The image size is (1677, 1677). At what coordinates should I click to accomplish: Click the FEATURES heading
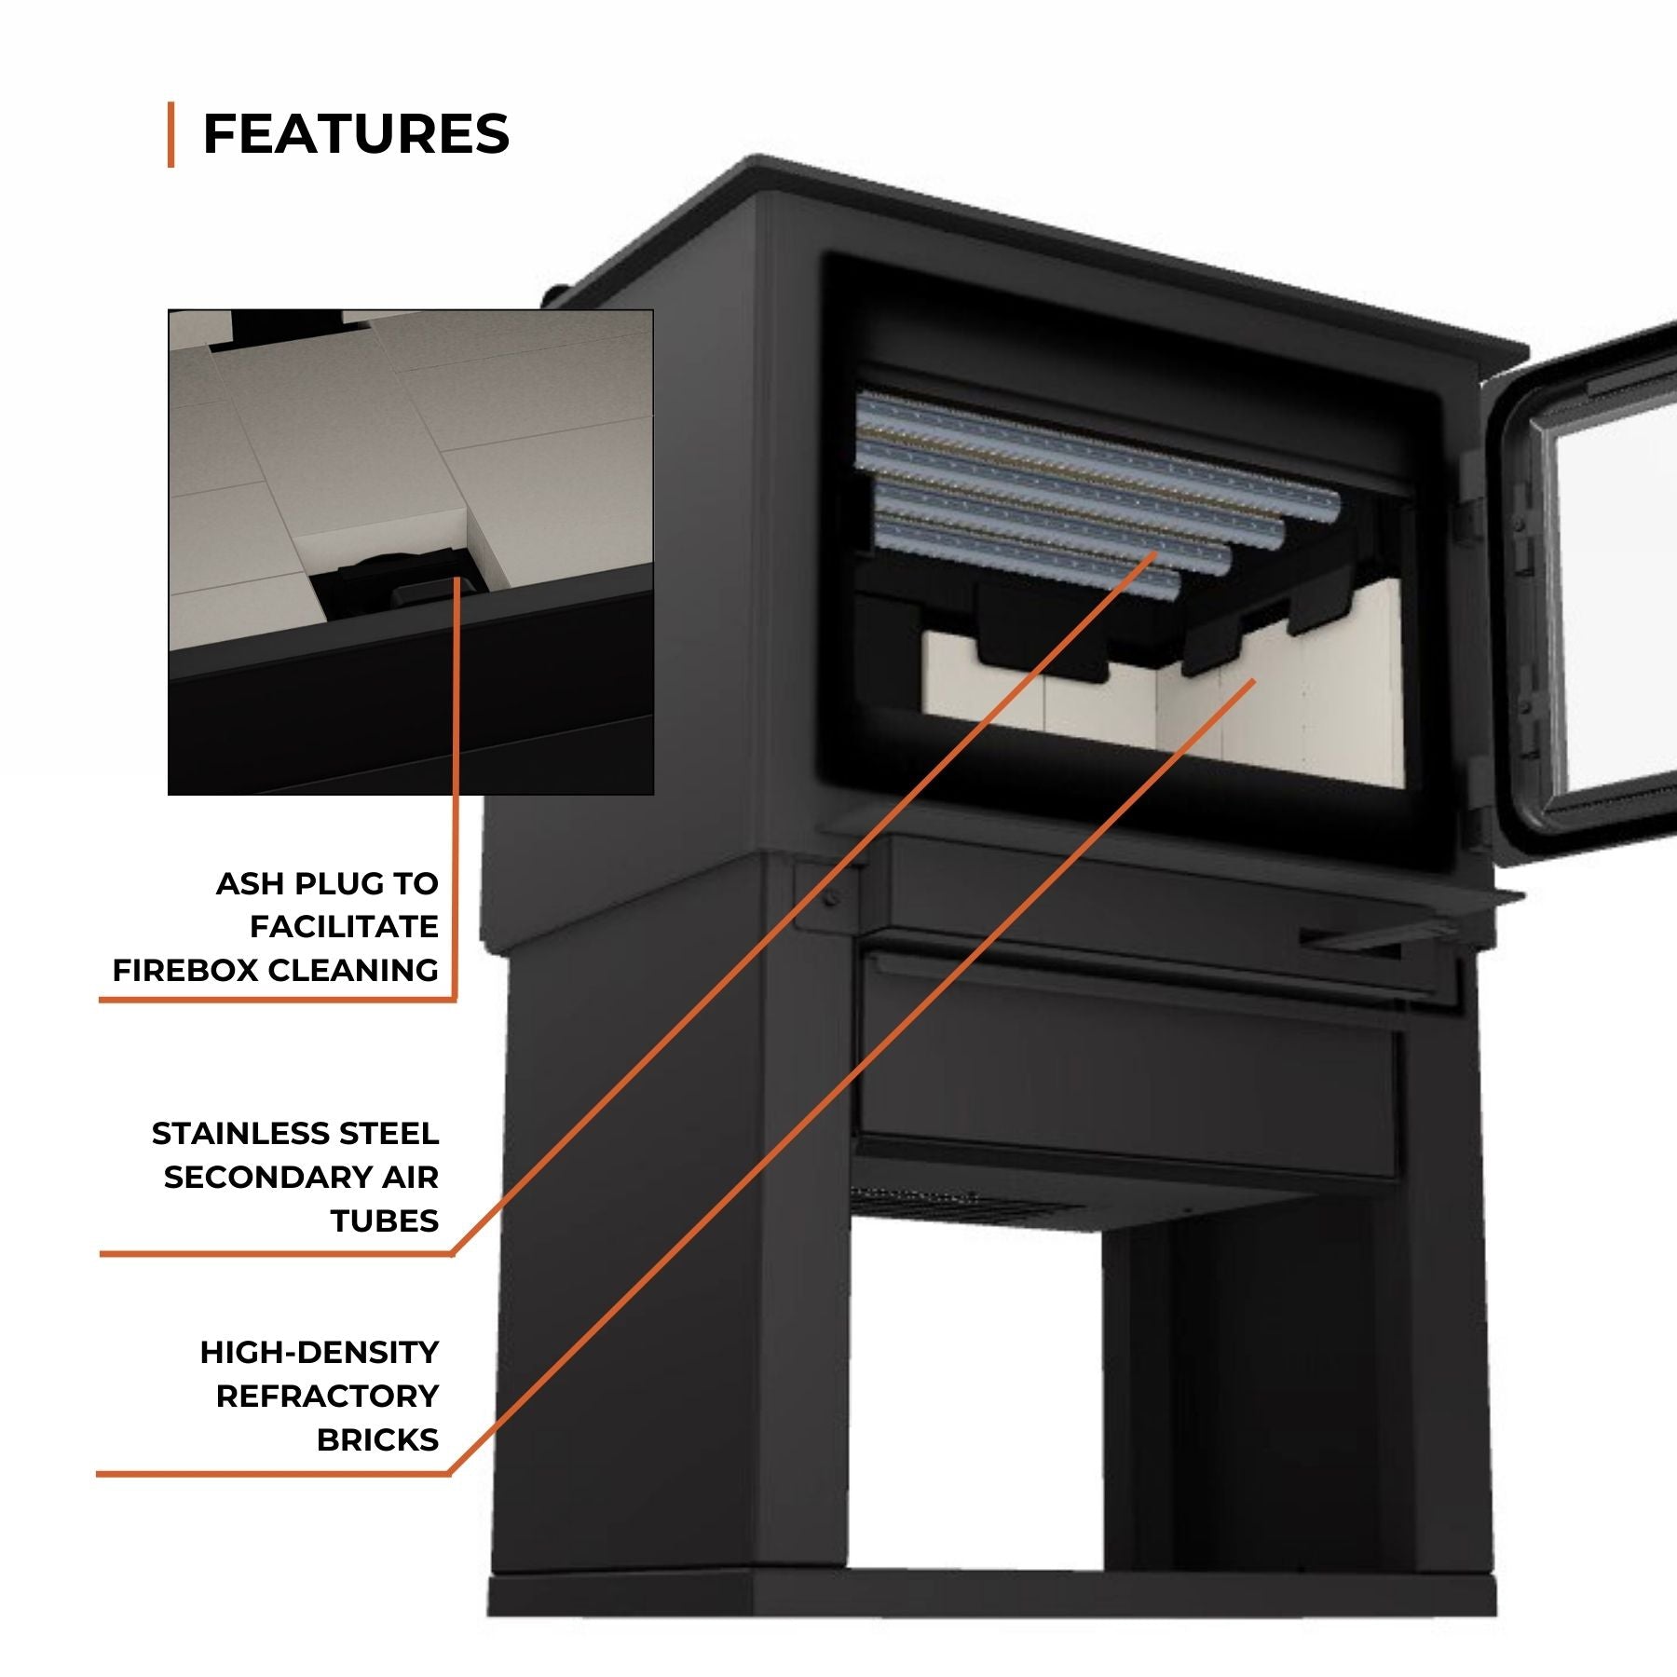pyautogui.click(x=356, y=133)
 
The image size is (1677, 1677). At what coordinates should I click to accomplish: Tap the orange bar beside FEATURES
pyautogui.click(x=171, y=134)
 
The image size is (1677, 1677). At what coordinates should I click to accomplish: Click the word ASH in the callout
pyautogui.click(x=250, y=883)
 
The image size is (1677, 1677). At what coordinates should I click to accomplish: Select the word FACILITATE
pyautogui.click(x=344, y=927)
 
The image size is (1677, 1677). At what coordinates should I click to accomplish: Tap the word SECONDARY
pyautogui.click(x=260, y=1178)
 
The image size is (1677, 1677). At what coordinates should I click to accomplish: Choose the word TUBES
pyautogui.click(x=384, y=1221)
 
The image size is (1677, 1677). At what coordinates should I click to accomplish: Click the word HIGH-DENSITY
pyautogui.click(x=320, y=1353)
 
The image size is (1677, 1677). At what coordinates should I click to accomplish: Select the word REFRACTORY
pyautogui.click(x=328, y=1397)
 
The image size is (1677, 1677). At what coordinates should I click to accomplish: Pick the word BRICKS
pyautogui.click(x=377, y=1440)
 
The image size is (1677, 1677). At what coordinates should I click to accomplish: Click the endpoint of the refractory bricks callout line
pyautogui.click(x=1254, y=681)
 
